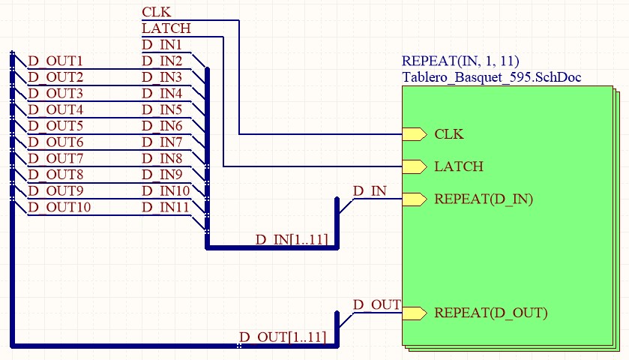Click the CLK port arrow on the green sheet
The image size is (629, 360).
pyautogui.click(x=415, y=134)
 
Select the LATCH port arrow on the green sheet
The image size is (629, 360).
pyautogui.click(x=415, y=166)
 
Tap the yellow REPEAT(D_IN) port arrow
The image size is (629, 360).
pyautogui.click(x=415, y=199)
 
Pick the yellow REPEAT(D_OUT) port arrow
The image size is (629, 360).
pyautogui.click(x=415, y=313)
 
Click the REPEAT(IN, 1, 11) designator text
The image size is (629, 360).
pyautogui.click(x=460, y=61)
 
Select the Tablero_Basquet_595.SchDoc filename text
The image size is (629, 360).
pyautogui.click(x=491, y=76)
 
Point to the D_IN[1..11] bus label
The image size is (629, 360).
pyautogui.click(x=292, y=239)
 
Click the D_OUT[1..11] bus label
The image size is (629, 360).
pyautogui.click(x=283, y=337)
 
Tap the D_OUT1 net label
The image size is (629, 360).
pyautogui.click(x=55, y=61)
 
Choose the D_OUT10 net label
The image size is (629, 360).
pyautogui.click(x=59, y=208)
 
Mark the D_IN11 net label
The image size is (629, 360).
pyautogui.click(x=166, y=208)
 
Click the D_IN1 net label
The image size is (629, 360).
pyautogui.click(x=162, y=44)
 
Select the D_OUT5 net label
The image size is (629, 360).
pyautogui.click(x=55, y=126)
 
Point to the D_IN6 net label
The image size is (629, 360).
pyautogui.click(x=162, y=126)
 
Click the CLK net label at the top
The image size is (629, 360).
pyautogui.click(x=157, y=12)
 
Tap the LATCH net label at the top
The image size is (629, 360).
pyautogui.click(x=166, y=28)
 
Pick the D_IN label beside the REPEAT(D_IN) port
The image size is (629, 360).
pyautogui.click(x=370, y=191)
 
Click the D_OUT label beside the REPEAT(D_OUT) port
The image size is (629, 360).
pyautogui.click(x=376, y=305)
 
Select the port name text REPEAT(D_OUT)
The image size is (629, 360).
pyautogui.click(x=491, y=313)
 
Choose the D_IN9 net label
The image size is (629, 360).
pyautogui.click(x=162, y=175)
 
